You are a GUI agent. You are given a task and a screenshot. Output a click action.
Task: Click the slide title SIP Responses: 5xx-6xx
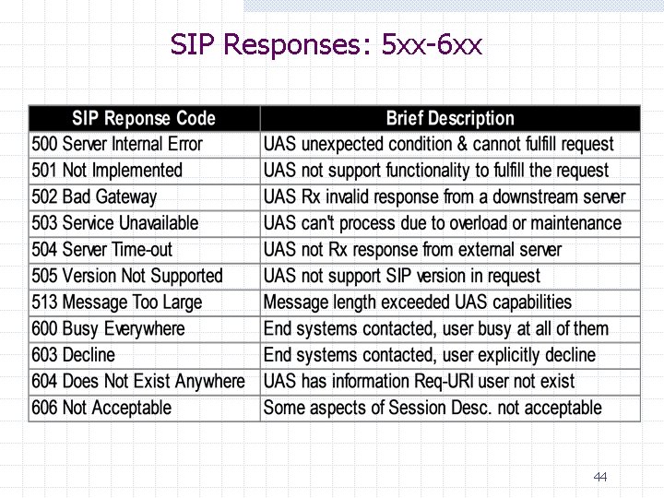tap(326, 43)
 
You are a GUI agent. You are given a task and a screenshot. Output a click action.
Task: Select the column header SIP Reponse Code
tap(144, 118)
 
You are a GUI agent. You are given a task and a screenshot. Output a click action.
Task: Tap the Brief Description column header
tap(450, 118)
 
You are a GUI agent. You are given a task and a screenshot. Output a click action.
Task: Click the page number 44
tap(600, 477)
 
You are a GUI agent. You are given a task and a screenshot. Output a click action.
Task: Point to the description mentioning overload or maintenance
tap(443, 223)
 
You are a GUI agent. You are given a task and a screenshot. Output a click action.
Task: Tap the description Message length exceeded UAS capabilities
tap(418, 302)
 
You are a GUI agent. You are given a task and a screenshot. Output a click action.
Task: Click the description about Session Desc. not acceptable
tap(433, 408)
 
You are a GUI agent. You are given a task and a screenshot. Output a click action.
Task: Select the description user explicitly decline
tap(430, 355)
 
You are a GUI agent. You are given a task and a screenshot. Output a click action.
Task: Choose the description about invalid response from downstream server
tap(445, 196)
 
